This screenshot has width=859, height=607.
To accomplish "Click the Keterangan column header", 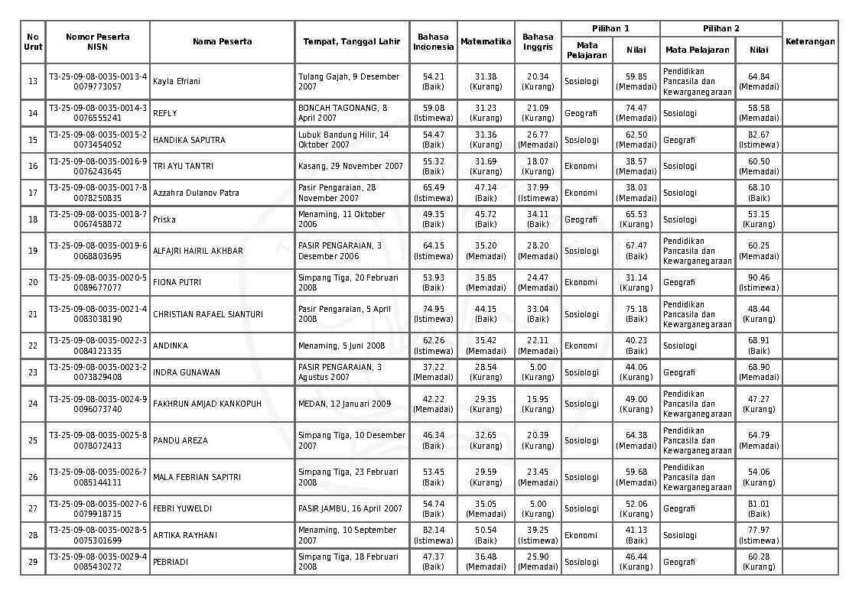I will coord(810,41).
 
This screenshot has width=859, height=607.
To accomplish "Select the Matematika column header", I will coord(486,41).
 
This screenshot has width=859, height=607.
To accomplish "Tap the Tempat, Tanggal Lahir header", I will coord(351,41).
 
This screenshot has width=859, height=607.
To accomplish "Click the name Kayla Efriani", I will coord(177,81).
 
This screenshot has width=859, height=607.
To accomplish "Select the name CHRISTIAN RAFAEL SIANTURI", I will coord(208,314).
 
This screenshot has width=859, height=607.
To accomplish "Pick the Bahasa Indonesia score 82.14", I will coord(433,530).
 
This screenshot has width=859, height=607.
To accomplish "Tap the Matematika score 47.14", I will coord(486,187).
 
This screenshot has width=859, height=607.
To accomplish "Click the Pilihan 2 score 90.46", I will coord(759,278).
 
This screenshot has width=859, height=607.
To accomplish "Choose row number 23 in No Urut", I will coord(33,372).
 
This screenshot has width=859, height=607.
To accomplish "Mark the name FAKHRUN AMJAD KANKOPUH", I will coord(207,404).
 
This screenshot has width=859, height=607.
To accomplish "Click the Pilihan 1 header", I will coord(610,28).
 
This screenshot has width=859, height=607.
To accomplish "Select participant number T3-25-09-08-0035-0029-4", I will coord(98,557).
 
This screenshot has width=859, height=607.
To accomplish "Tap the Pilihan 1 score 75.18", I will coord(636,309).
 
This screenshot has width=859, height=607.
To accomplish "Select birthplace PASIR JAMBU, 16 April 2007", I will coord(350,508).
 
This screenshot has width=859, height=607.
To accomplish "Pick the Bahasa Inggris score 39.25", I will coord(538,530).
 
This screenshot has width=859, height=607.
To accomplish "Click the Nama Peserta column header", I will coord(222,41).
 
